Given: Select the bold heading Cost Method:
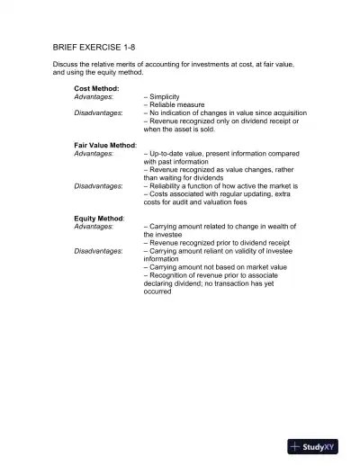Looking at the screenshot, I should coord(96,88).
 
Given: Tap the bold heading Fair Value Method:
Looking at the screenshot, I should coord(105,145).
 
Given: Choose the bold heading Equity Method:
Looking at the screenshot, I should coord(99,218).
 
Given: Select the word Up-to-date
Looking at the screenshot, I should coord(166,153).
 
